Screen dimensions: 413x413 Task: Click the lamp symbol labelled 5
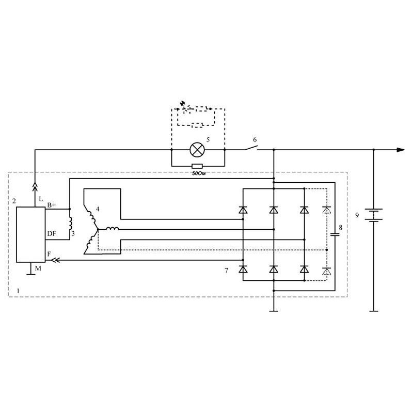[x=197, y=150]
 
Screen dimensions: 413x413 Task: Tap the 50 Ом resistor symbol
[x=197, y=166]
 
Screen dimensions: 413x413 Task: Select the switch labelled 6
[x=251, y=148]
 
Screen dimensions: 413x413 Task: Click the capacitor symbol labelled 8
[x=335, y=234]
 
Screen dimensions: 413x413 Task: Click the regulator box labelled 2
[x=31, y=234]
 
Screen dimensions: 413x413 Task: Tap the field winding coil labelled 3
[x=70, y=224]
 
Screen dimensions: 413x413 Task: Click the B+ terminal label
[x=52, y=204]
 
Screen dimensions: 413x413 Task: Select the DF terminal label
[x=52, y=234]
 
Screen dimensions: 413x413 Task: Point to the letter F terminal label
[x=49, y=254]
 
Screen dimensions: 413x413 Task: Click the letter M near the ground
[x=38, y=268]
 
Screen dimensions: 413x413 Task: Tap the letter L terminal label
[x=41, y=199]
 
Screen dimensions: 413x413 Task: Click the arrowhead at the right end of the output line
[x=401, y=150]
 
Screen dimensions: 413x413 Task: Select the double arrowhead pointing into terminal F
[x=55, y=260]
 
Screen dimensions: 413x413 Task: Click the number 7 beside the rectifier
[x=227, y=271]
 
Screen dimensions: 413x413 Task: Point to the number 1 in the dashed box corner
[x=18, y=291]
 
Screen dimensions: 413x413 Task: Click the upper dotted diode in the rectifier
[x=327, y=210]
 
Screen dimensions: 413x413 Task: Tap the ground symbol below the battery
[x=374, y=311]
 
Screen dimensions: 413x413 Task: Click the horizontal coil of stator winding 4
[x=113, y=228]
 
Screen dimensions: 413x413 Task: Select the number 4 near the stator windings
[x=98, y=209]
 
